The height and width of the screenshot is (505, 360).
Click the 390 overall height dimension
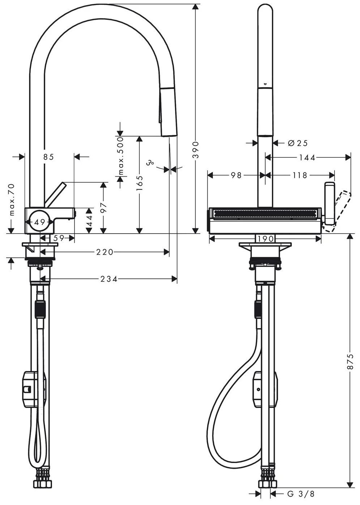point(196,150)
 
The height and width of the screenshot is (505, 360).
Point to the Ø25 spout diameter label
point(297,143)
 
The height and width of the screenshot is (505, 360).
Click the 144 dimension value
point(307,158)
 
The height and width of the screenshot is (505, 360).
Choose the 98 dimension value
point(236,175)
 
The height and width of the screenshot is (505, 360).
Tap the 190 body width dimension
point(266,238)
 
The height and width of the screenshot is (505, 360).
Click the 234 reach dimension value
point(109,279)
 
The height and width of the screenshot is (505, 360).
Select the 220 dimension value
point(104,252)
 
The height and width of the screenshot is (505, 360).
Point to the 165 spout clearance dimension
point(140,183)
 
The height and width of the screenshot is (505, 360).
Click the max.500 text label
point(121,156)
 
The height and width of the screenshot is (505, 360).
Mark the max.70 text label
point(12,200)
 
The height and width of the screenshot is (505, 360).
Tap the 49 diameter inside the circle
point(40,222)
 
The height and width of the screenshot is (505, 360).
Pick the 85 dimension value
point(49,157)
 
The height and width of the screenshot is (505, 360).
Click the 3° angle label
point(150,162)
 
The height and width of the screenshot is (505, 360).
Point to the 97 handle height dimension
point(103,207)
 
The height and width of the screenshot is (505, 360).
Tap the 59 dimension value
point(59,238)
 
